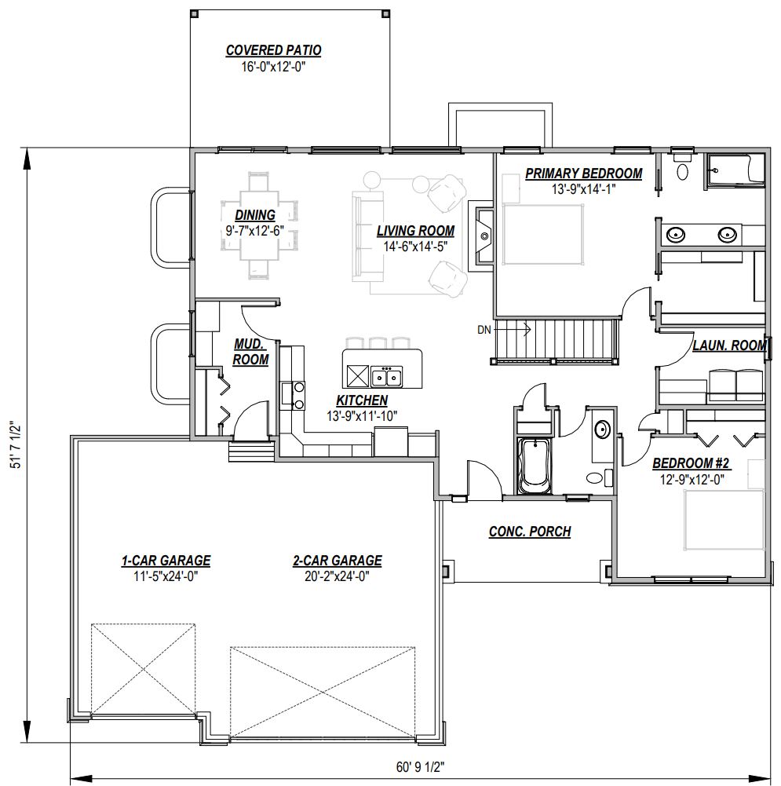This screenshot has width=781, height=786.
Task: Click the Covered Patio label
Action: (273, 50)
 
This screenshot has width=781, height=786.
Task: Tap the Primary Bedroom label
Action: (584, 174)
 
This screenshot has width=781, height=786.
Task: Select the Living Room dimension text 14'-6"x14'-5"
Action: (415, 247)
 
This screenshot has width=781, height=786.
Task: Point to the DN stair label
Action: (484, 330)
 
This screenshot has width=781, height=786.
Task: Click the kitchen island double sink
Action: (387, 376)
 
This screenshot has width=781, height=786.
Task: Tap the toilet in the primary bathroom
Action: (682, 166)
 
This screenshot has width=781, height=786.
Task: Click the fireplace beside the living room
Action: (481, 236)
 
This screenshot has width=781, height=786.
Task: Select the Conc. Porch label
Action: (530, 532)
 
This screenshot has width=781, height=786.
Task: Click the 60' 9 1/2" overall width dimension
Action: (420, 767)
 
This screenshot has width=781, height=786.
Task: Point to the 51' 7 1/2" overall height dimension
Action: (16, 444)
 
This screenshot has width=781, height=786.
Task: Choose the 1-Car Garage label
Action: (166, 561)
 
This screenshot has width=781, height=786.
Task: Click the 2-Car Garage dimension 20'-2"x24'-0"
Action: (338, 576)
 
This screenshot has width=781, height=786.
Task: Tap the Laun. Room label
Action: (729, 345)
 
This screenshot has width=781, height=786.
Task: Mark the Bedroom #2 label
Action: (692, 463)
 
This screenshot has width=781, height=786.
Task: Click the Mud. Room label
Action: (250, 352)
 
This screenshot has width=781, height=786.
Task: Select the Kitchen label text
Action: (362, 400)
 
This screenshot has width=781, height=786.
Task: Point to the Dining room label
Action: (255, 215)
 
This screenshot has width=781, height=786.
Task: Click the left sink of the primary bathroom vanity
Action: (676, 234)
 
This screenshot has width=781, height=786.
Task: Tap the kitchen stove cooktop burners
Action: (299, 395)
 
